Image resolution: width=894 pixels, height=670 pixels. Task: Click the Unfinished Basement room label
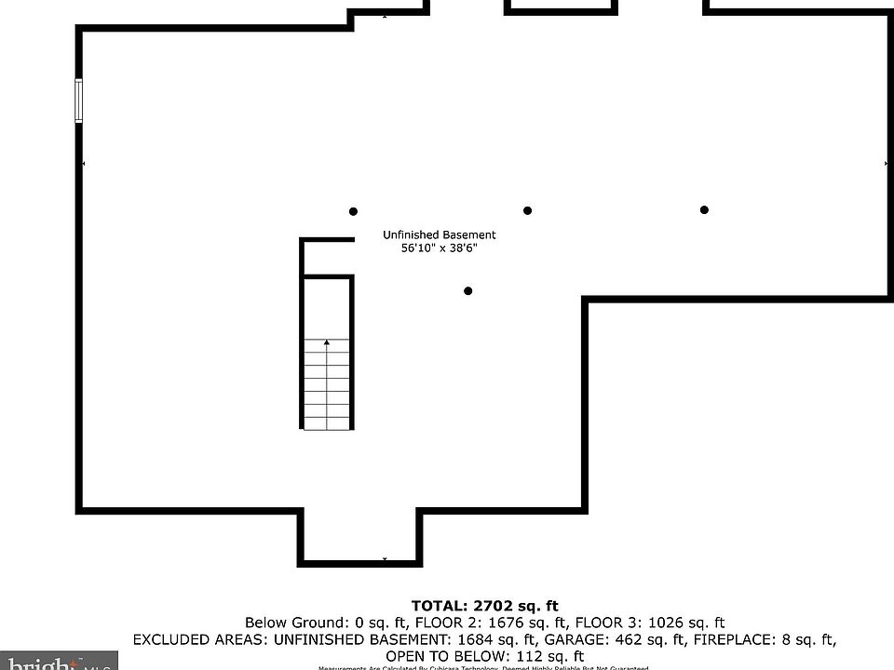(x=440, y=234)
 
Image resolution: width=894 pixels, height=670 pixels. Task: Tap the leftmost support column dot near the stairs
(x=353, y=212)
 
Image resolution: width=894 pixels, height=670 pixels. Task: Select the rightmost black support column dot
(x=704, y=210)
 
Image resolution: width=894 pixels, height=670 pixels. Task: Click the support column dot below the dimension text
(x=468, y=291)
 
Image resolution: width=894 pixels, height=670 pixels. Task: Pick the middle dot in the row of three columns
(x=527, y=211)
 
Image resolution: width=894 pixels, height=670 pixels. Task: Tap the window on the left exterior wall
(x=79, y=100)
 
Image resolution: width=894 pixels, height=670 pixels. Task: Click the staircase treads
(x=327, y=386)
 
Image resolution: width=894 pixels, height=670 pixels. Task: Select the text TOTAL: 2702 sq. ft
(x=485, y=606)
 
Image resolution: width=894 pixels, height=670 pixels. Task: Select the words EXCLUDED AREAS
(x=187, y=639)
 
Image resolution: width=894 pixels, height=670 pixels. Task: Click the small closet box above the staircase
(x=327, y=257)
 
